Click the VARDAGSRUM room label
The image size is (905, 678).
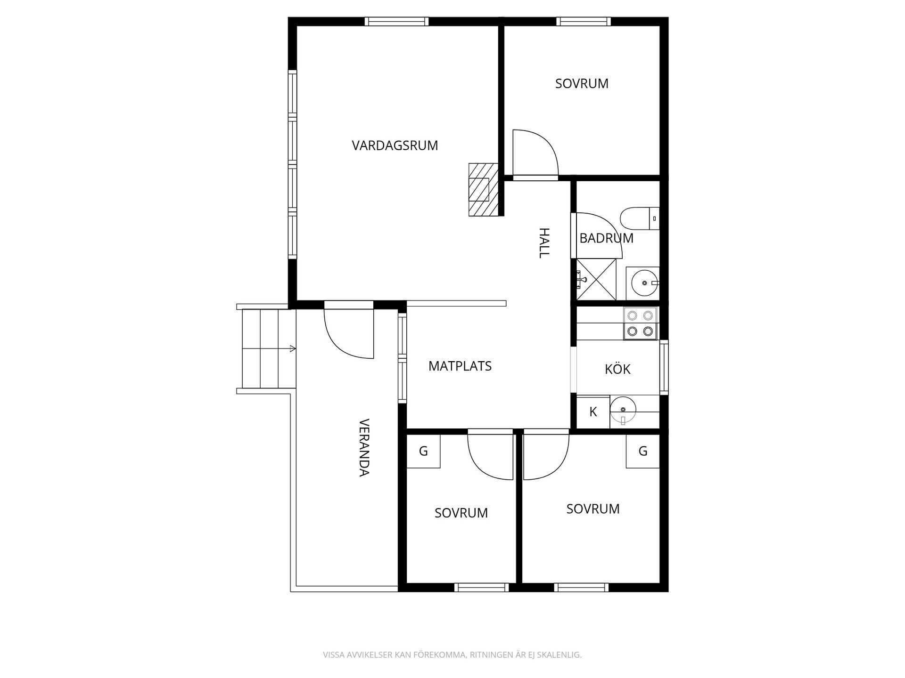pos(395,145)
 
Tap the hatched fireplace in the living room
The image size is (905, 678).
pos(483,190)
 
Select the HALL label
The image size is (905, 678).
pos(544,243)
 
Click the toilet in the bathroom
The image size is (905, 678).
pos(640,218)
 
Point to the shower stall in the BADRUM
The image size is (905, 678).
pos(596,279)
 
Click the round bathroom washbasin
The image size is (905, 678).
pos(644,283)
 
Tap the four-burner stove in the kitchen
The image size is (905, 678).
pos(640,323)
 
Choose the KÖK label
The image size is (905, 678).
pos(617,369)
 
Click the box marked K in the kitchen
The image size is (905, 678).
pos(593,412)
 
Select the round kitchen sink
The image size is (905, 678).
pos(623,410)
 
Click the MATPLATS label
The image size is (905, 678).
pos(460,366)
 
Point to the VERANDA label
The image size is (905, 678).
pos(364,448)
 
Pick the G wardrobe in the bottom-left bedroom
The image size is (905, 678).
pos(423,451)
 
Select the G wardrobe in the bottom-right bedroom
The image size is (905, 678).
pos(642,451)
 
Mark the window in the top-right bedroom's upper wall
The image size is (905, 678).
pos(584,21)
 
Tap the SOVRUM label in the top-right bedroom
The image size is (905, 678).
pos(582,83)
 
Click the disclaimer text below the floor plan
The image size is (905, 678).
pos(452,655)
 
